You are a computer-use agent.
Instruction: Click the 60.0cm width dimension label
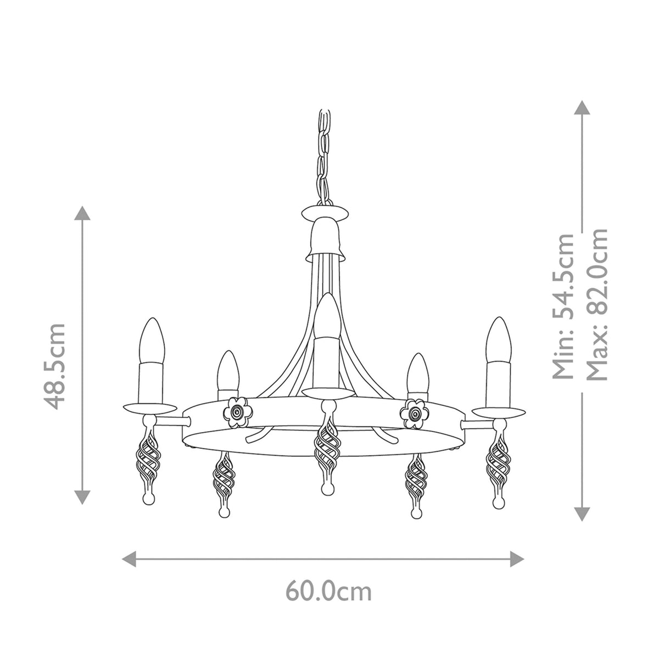328,591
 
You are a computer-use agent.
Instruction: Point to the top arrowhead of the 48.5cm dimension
82,213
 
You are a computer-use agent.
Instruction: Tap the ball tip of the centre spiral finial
327,487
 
